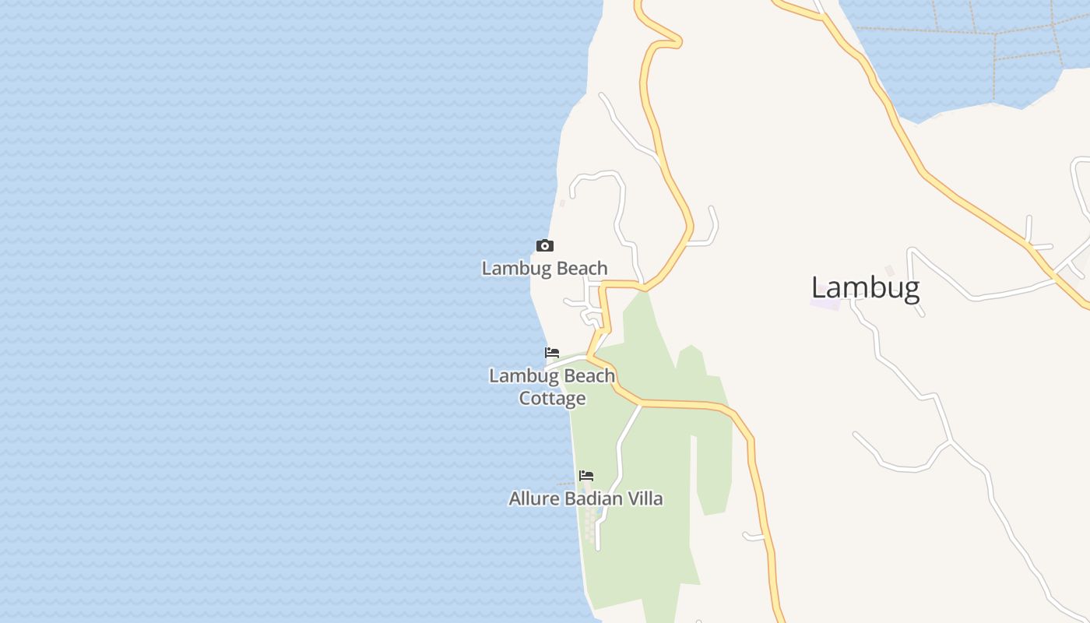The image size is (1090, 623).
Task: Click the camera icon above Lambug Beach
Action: click(x=545, y=246)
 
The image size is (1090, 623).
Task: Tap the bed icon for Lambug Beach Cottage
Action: click(x=552, y=353)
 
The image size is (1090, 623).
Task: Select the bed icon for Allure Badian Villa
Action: click(x=586, y=475)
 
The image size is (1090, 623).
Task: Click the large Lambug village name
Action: click(x=865, y=288)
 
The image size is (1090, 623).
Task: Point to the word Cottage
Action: click(x=552, y=399)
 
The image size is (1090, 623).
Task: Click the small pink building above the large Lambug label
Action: click(x=889, y=270)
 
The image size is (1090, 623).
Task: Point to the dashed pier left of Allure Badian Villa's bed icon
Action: click(x=566, y=484)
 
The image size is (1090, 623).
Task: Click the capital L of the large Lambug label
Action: click(x=818, y=288)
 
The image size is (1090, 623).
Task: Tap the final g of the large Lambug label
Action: click(x=911, y=290)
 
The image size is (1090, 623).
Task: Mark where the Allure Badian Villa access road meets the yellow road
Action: click(x=641, y=404)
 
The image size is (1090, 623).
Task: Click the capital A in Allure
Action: click(x=515, y=498)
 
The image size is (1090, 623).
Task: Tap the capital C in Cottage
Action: click(x=526, y=399)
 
